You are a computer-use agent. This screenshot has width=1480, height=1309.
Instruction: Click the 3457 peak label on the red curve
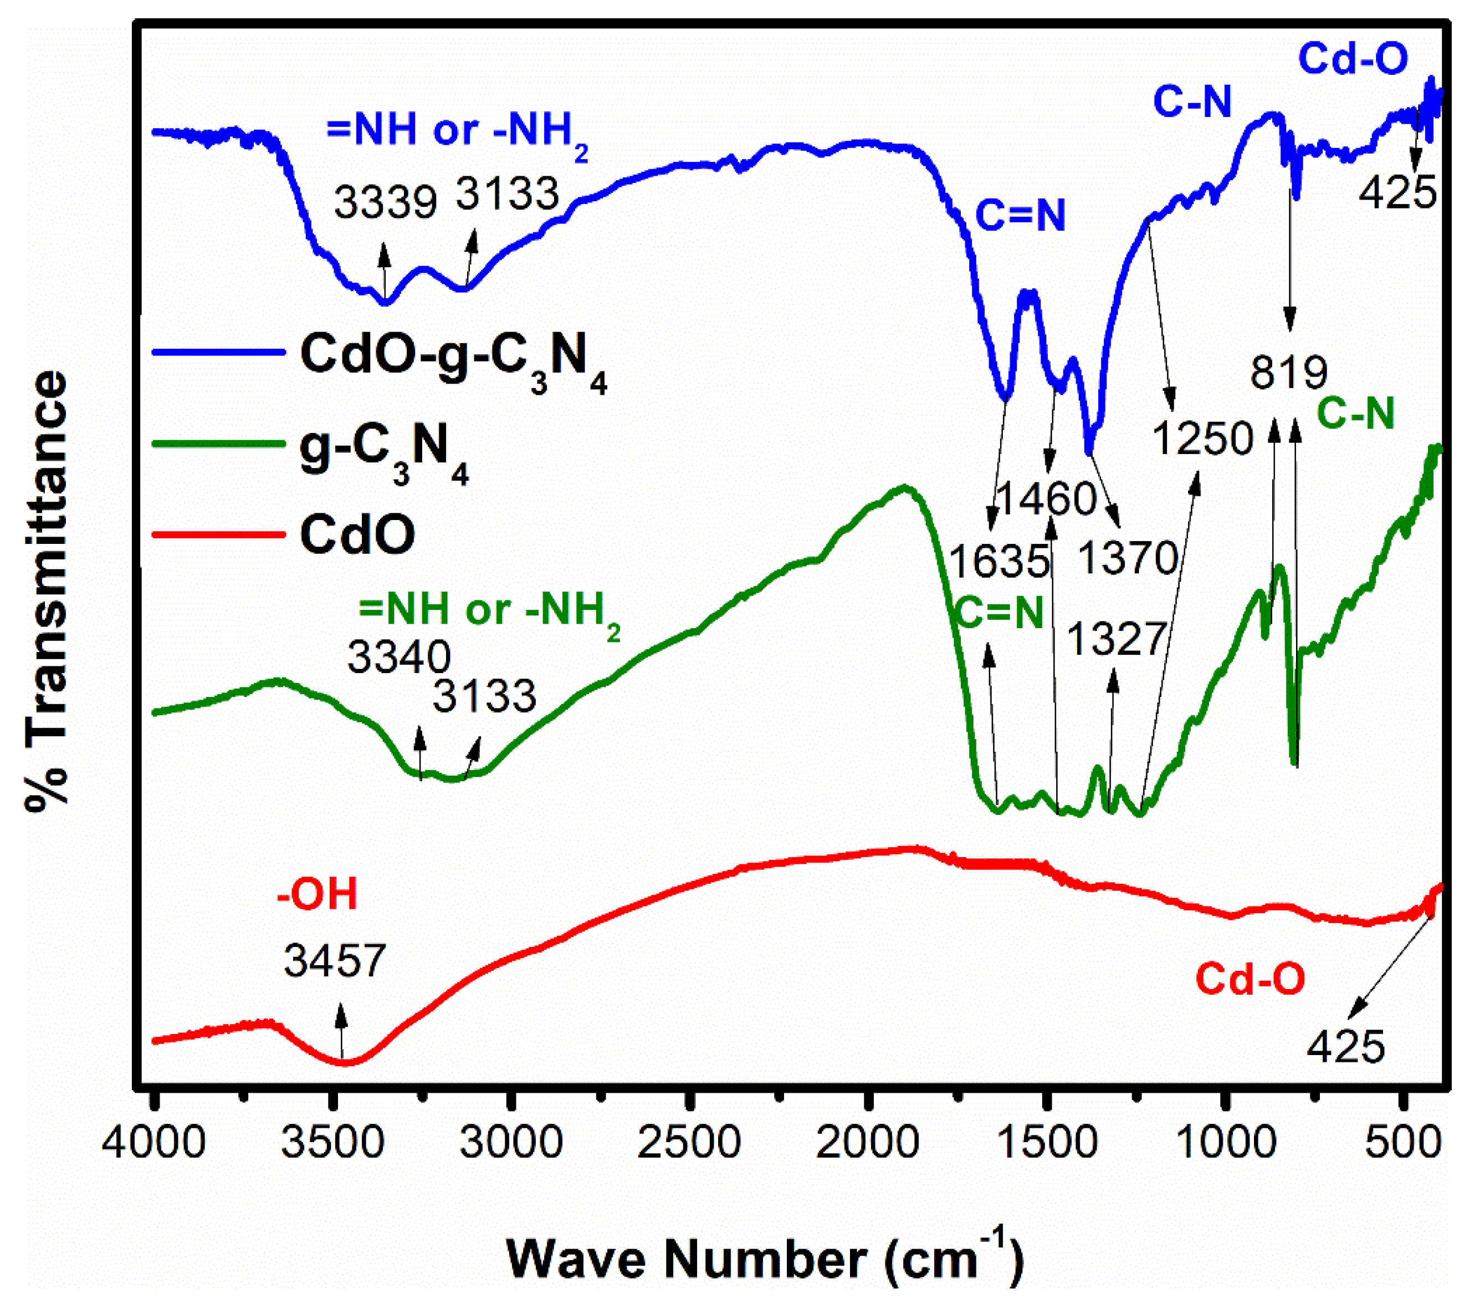(335, 961)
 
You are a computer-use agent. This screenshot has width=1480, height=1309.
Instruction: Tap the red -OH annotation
(317, 895)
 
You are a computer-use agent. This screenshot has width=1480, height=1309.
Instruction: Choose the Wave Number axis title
(764, 1259)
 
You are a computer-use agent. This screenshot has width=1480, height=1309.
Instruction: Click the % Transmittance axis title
(47, 590)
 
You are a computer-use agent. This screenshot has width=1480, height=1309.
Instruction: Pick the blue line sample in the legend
(218, 353)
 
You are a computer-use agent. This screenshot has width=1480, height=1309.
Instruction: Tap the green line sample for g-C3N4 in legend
(218, 444)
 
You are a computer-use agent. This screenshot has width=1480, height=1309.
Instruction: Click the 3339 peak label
(385, 202)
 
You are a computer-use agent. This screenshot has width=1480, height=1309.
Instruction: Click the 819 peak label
(1289, 373)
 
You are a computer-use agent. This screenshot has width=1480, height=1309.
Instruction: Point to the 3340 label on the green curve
(399, 658)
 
